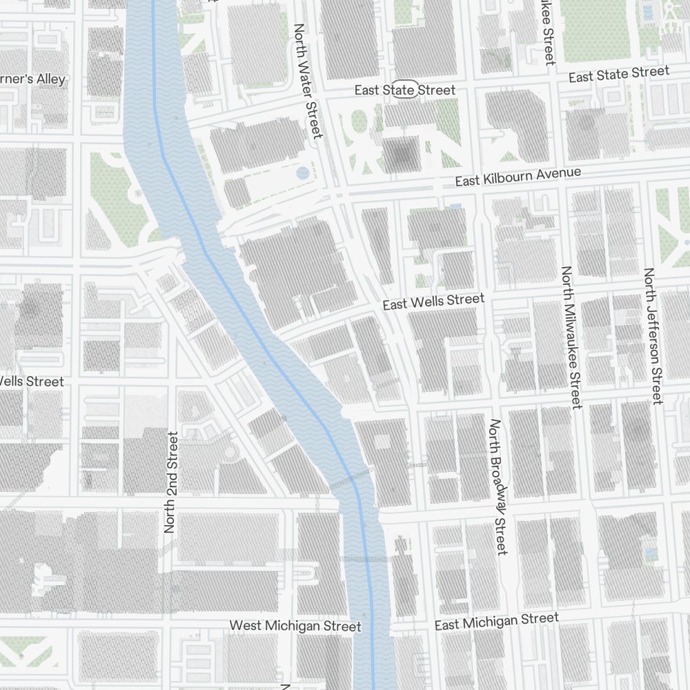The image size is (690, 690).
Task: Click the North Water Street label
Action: [308, 81]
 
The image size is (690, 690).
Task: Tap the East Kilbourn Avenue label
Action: [518, 177]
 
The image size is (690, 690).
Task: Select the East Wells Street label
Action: [434, 302]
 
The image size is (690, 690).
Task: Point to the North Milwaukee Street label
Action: [571, 337]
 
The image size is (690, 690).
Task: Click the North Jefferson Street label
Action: [652, 336]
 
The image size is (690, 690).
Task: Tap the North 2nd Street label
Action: [171, 482]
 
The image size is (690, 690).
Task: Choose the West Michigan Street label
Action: [295, 626]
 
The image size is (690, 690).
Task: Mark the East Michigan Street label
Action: [496, 621]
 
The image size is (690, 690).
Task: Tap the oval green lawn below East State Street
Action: [359, 122]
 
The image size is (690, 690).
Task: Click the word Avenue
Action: [558, 172]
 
